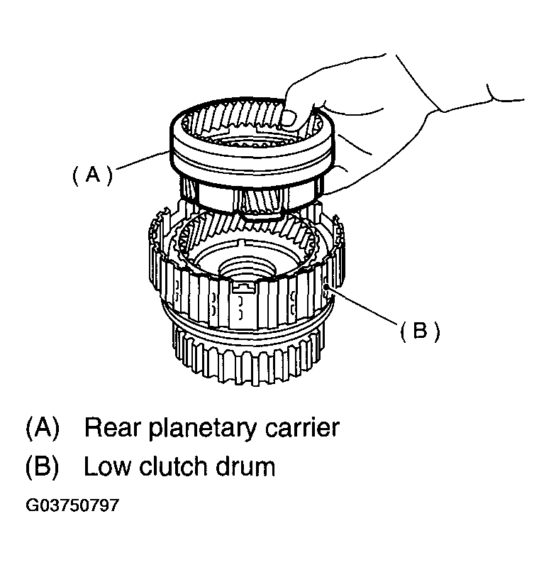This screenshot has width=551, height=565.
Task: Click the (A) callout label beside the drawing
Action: coord(92,175)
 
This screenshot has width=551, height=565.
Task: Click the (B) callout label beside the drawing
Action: coord(420,331)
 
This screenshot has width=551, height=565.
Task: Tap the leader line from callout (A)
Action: coord(143,160)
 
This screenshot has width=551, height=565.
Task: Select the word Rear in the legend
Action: coord(112,428)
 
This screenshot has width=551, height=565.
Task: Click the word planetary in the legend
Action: coord(202,429)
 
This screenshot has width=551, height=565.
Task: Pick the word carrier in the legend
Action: coord(302,429)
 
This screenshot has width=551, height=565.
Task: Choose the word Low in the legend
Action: coord(107,466)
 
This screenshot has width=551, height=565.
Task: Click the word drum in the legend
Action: coord(245,466)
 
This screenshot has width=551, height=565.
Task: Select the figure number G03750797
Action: coord(72,505)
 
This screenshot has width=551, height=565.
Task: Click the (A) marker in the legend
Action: coord(42,428)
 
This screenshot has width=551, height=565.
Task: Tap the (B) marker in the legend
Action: coord(42,466)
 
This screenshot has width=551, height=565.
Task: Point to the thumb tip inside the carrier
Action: coord(289,119)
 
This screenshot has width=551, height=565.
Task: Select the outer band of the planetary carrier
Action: coord(252,160)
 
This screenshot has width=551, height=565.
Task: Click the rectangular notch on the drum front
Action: coord(244,287)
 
